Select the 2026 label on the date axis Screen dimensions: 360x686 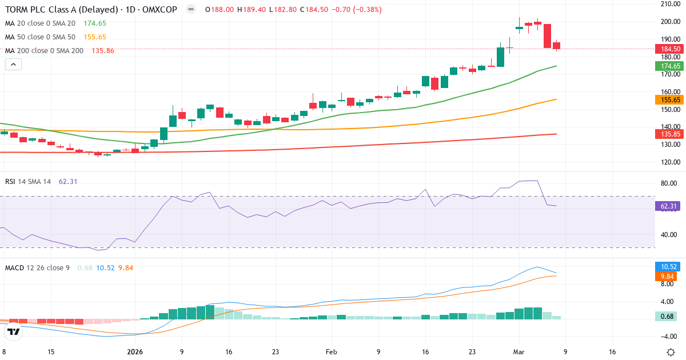pos(135,352)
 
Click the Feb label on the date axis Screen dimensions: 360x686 pos(332,352)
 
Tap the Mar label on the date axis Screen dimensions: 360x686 pos(519,352)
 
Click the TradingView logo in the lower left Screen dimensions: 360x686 pos(14,331)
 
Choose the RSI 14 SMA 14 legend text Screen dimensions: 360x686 pos(28,181)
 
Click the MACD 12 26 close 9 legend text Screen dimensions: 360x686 pos(37,267)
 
